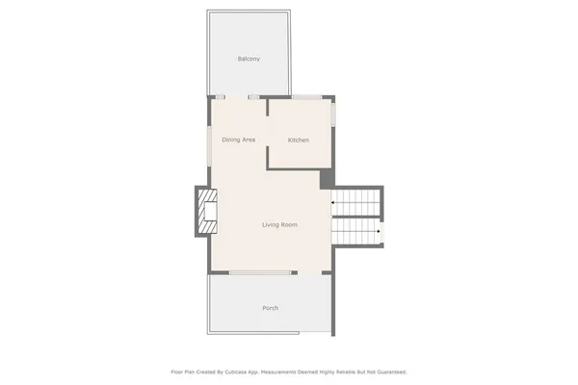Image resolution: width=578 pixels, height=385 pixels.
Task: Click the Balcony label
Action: [x=249, y=59]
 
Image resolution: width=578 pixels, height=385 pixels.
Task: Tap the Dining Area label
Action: [x=238, y=141]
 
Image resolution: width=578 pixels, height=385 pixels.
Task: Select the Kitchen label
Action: [x=299, y=141]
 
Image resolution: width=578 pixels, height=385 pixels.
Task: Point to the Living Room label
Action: [x=279, y=224]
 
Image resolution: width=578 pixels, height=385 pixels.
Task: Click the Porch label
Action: [x=271, y=308]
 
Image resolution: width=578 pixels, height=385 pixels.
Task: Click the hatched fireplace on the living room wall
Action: [x=207, y=212]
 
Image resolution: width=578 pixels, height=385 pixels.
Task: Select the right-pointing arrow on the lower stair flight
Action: [x=379, y=231]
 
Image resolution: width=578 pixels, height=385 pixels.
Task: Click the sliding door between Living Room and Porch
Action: [x=262, y=273]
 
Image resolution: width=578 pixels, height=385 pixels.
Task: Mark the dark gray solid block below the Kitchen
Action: [x=327, y=178]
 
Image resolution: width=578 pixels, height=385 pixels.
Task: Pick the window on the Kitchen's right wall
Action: [x=334, y=115]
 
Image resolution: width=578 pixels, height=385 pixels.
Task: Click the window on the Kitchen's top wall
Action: [x=307, y=96]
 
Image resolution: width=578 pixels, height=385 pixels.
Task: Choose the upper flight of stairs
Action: [x=356, y=203]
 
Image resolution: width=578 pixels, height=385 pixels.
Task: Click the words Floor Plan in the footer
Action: [x=186, y=372]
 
